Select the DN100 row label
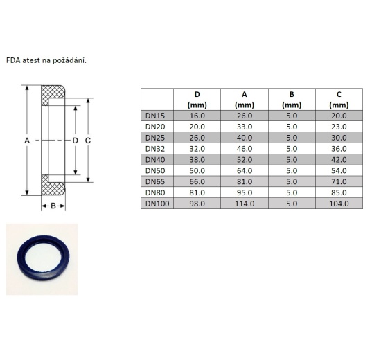point(157,204)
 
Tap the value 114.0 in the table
point(245,204)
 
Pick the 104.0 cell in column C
point(339,204)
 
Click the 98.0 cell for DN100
point(197,204)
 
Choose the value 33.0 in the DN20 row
point(245,127)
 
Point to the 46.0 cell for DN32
point(245,149)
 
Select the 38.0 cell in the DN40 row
point(197,160)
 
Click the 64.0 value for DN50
point(245,171)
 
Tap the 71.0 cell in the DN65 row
point(339,182)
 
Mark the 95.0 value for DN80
point(245,192)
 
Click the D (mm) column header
point(197,100)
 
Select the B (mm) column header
point(292,100)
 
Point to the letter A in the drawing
point(26,141)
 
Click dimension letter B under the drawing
point(53,206)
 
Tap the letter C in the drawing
point(88,141)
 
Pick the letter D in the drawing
point(76,141)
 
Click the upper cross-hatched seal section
point(53,95)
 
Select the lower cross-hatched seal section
point(53,186)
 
